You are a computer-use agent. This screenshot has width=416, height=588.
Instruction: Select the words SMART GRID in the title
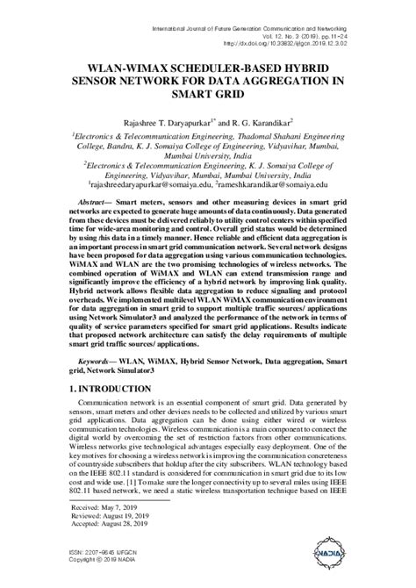(208, 95)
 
